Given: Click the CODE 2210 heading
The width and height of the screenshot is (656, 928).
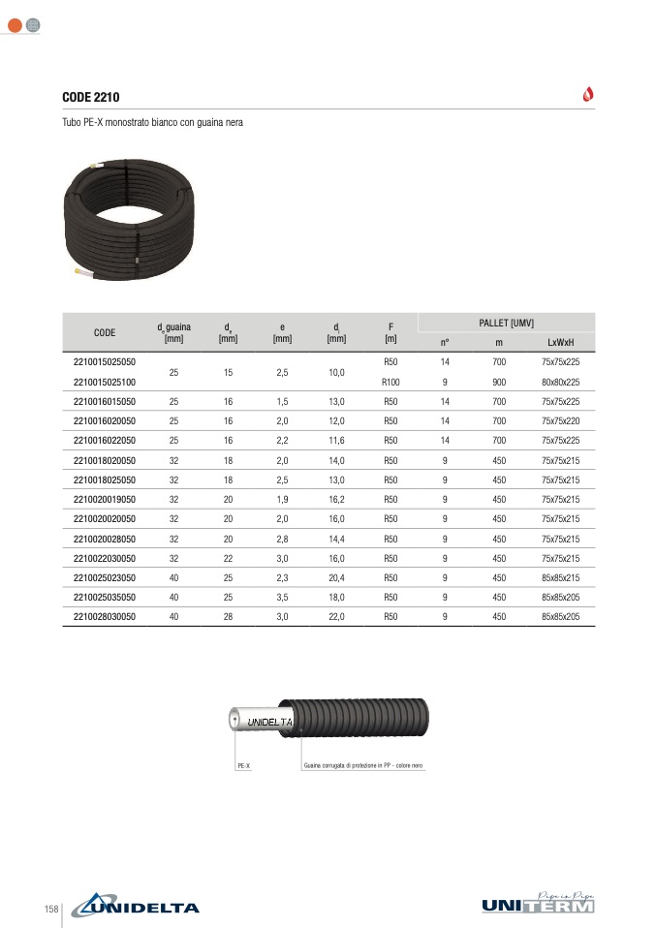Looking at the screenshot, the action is coord(90,97).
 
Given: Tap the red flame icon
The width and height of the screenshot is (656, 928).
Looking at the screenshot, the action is coord(588,94).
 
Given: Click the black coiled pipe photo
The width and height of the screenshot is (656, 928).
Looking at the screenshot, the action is coord(129,219).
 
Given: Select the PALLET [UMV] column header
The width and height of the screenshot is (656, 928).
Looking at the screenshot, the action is coord(506,323).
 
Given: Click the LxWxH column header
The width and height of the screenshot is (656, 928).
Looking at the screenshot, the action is coord(560,342).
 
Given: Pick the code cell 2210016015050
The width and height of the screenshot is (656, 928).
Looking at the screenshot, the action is coord(105,401).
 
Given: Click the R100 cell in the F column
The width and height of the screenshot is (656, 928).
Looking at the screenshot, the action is coord(390,382).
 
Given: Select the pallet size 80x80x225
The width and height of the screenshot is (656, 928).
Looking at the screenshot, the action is coord(560,382).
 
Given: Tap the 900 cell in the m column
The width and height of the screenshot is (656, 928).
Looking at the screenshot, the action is coord(499,382).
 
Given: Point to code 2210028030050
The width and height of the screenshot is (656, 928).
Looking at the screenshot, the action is coord(105,617).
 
